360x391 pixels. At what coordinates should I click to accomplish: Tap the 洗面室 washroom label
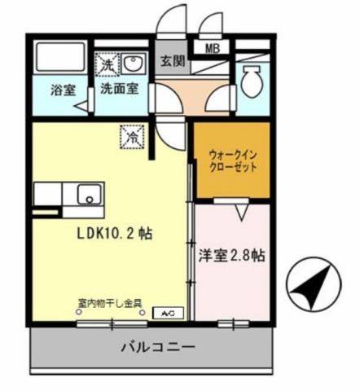(118, 90)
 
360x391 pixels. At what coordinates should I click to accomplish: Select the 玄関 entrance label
(170, 61)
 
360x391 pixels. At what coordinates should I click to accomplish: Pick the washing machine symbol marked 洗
(107, 62)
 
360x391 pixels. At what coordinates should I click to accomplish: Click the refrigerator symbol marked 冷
(130, 137)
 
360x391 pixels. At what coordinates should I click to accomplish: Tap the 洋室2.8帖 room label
(231, 255)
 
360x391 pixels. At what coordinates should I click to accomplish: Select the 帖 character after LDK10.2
(145, 233)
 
